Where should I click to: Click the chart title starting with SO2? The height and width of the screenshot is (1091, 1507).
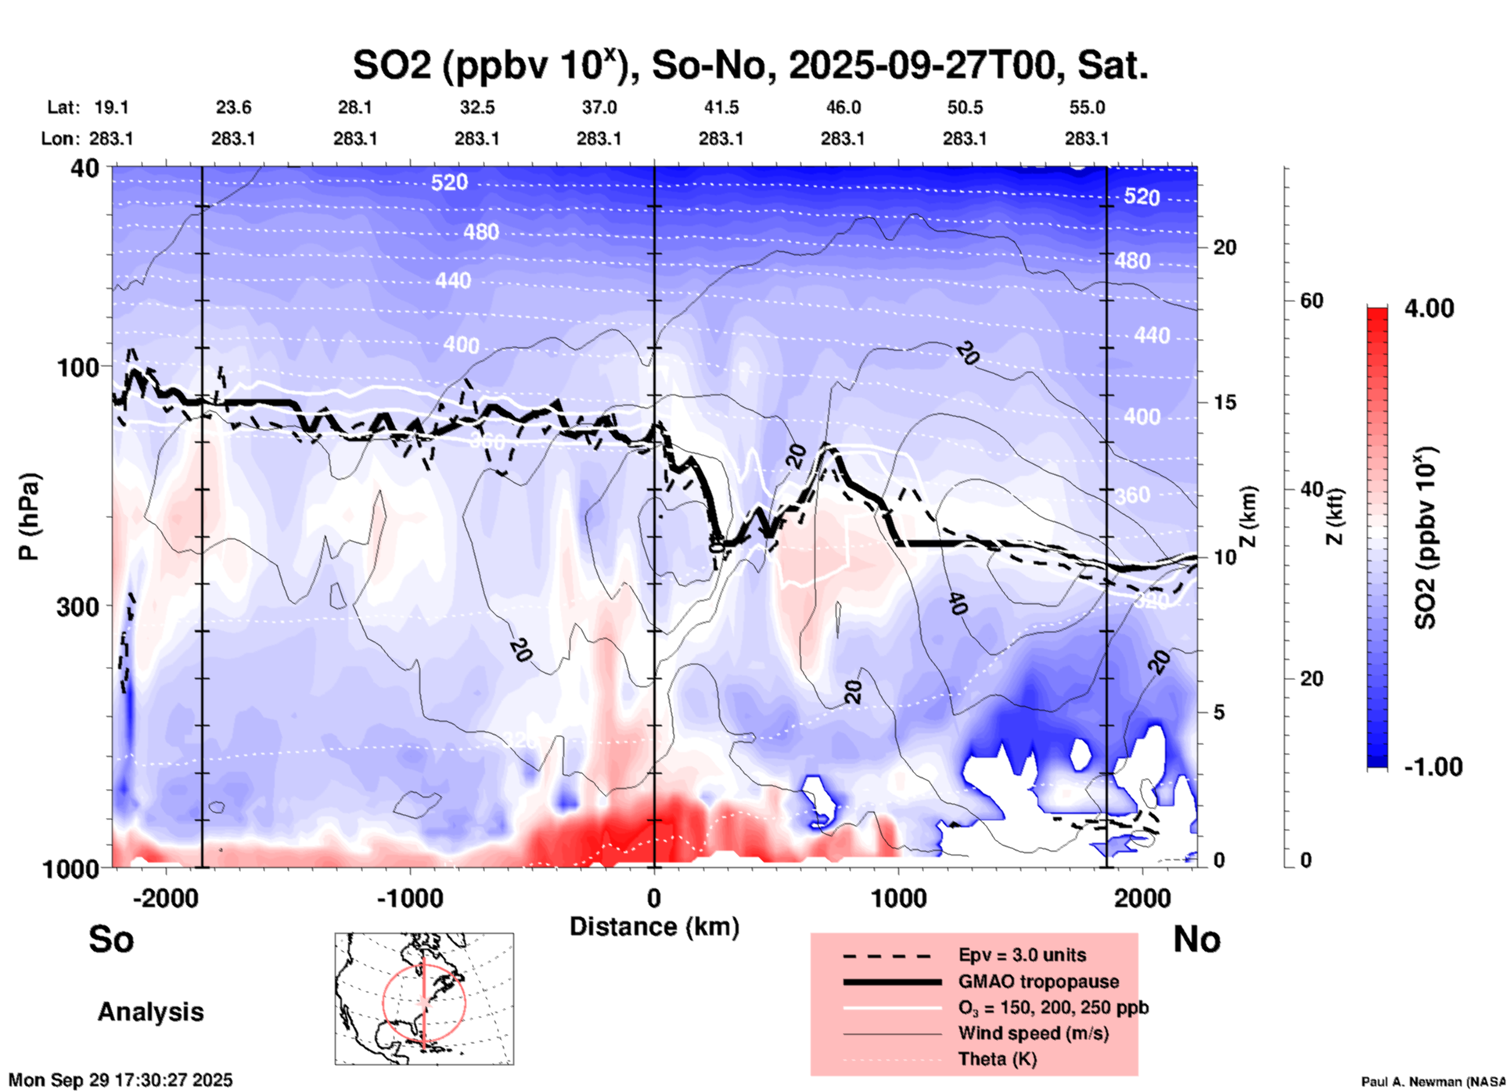[750, 66]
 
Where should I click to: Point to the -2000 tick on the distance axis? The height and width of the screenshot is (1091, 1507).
[166, 898]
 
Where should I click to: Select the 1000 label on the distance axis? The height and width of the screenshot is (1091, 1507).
[898, 898]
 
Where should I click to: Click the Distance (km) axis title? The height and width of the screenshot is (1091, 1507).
[654, 927]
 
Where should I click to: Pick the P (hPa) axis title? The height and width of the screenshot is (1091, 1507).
[29, 517]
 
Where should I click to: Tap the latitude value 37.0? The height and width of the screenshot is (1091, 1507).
[599, 107]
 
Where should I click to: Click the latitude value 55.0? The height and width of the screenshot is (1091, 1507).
[1087, 107]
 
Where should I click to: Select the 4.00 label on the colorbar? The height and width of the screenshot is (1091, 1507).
[1429, 308]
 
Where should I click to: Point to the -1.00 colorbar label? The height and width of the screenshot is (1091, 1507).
[1433, 766]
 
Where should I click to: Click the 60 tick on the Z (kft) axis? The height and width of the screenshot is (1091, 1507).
[1311, 301]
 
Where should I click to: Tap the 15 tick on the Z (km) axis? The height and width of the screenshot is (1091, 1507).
[1225, 402]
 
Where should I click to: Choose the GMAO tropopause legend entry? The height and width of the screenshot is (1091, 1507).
[1038, 981]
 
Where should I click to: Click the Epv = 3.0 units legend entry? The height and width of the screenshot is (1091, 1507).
[1022, 955]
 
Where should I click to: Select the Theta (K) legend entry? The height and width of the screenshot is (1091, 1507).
[998, 1059]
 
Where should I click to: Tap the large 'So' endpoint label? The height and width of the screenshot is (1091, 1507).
[111, 938]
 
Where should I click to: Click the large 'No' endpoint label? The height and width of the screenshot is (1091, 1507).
[1196, 939]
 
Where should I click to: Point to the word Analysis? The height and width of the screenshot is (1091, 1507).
[150, 1011]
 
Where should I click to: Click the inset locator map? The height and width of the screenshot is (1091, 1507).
[424, 999]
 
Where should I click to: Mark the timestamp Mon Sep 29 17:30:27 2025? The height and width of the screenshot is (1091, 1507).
[120, 1080]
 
